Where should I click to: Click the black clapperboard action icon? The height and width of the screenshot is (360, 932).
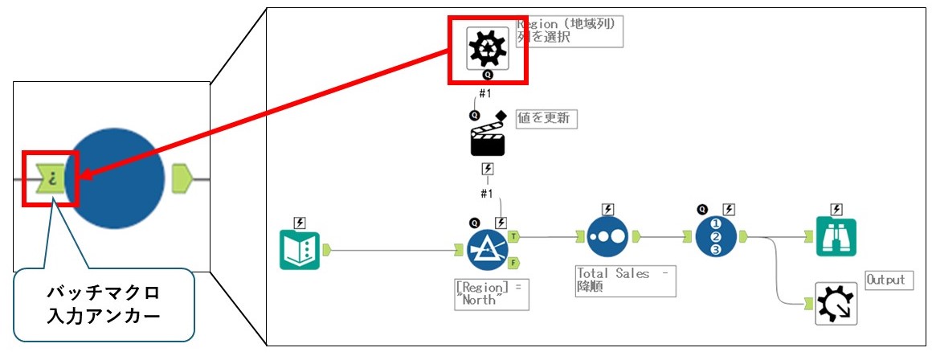point(487,140)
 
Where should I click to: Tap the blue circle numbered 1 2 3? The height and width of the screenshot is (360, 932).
point(717,237)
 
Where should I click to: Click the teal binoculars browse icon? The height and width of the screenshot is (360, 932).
point(836,237)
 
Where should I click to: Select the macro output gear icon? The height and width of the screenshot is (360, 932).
point(836,304)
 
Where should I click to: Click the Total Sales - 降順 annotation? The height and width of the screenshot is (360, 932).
point(625,280)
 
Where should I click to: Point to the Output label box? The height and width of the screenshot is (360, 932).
point(885,280)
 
